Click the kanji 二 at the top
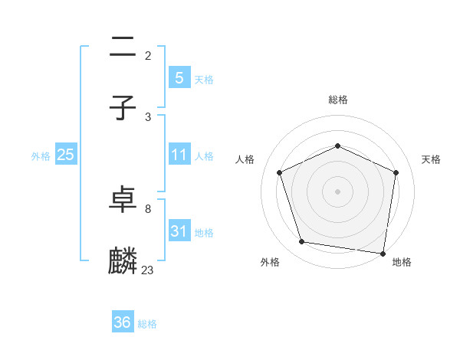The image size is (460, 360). pyautogui.click(x=123, y=47)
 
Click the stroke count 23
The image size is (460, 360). pyautogui.click(x=148, y=270)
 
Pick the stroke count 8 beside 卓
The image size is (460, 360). pyautogui.click(x=148, y=208)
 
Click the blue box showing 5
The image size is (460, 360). pyautogui.click(x=179, y=78)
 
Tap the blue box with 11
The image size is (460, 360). pyautogui.click(x=179, y=155)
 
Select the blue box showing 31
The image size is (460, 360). pyautogui.click(x=179, y=231)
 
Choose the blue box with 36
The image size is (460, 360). pyautogui.click(x=123, y=322)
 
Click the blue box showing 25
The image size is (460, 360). pyautogui.click(x=66, y=155)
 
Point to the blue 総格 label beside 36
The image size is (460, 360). pyautogui.click(x=147, y=324)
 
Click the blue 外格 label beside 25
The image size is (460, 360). pyautogui.click(x=41, y=156)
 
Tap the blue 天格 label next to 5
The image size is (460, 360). pyautogui.click(x=204, y=80)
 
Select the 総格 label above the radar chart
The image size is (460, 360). pyautogui.click(x=337, y=100)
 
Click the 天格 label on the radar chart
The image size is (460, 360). pyautogui.click(x=432, y=159)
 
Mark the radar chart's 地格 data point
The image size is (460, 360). pyautogui.click(x=383, y=253)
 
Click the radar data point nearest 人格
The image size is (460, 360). pyautogui.click(x=280, y=172)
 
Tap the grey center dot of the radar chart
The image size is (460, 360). pyautogui.click(x=337, y=191)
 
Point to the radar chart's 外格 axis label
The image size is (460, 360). pyautogui.click(x=270, y=263)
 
